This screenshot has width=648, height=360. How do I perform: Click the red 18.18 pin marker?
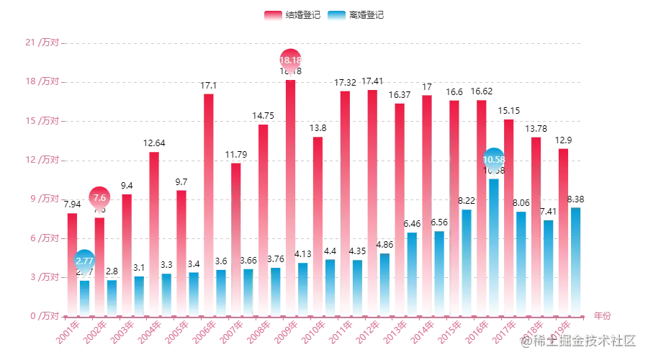tap(289, 60)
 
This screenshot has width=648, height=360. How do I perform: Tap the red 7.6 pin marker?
tap(99, 197)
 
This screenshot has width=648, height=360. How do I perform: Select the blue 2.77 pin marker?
tap(85, 261)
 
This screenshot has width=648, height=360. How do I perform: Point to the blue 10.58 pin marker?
tap(494, 159)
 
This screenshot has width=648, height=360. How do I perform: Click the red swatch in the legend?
tap(271, 15)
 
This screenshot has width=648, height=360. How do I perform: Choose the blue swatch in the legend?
tap(335, 15)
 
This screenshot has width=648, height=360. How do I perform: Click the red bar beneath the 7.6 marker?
tap(99, 266)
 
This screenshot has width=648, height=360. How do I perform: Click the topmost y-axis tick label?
tap(44, 43)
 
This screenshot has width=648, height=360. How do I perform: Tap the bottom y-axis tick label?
tap(44, 315)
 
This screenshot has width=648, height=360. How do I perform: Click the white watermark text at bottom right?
tap(580, 339)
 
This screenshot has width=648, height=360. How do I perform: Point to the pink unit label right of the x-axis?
tap(603, 315)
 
